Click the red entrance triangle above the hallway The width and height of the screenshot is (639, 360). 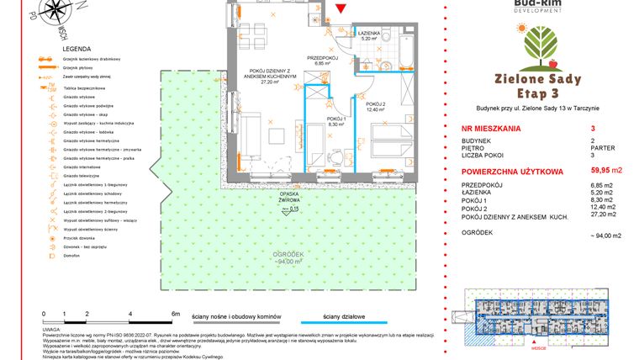pyautogui.click(x=340, y=9)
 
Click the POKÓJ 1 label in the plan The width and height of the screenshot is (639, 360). pyautogui.click(x=335, y=121)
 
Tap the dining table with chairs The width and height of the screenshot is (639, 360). pyautogui.click(x=255, y=36)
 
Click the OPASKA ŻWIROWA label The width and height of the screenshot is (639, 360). pyautogui.click(x=291, y=194)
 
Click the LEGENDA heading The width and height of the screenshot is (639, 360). pyautogui.click(x=54, y=50)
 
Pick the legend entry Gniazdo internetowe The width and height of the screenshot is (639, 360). pyautogui.click(x=82, y=167)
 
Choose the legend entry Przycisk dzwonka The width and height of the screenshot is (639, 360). pyautogui.click(x=78, y=236)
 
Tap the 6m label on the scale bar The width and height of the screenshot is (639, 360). pyautogui.click(x=175, y=312)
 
